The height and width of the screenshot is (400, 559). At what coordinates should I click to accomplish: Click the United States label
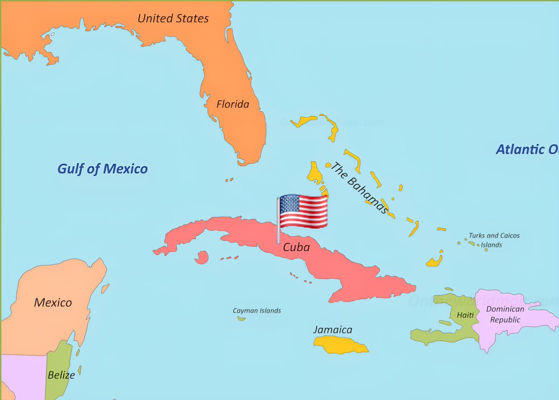(x=173, y=19)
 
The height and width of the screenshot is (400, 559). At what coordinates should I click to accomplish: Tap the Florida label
(x=232, y=104)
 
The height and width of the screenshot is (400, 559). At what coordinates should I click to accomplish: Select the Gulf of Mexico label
(x=102, y=168)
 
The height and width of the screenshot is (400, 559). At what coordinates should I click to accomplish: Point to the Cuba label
(x=296, y=247)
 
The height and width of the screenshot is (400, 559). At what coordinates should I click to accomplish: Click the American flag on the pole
(x=303, y=211)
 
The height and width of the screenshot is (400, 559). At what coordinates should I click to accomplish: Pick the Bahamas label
(x=359, y=188)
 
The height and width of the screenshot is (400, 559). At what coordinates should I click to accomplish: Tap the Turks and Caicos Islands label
(x=494, y=240)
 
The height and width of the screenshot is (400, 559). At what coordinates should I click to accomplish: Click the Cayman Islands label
(x=257, y=310)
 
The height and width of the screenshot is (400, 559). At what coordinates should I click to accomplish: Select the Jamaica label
(x=333, y=330)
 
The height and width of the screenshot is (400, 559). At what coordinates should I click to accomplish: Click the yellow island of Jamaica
(x=341, y=345)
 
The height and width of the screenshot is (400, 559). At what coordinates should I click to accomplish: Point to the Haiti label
(x=465, y=315)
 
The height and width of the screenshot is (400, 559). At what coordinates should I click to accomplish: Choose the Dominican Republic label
(x=505, y=314)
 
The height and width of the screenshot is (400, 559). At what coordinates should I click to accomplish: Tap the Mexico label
(x=53, y=302)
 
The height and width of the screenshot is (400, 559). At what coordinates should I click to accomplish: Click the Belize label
(x=61, y=375)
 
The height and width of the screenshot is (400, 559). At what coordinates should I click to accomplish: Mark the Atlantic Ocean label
(x=526, y=149)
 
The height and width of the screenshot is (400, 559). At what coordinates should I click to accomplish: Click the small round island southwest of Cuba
(x=202, y=257)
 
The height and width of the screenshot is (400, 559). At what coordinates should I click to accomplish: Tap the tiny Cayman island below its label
(x=241, y=319)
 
